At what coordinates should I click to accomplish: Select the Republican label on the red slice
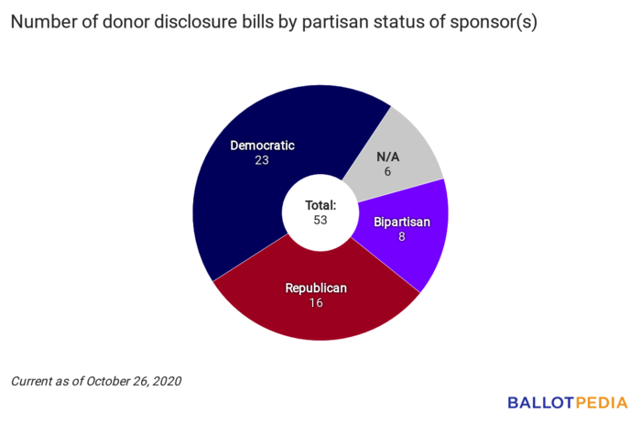316,288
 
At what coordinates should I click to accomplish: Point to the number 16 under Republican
316,303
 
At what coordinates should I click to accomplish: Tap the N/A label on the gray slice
388,157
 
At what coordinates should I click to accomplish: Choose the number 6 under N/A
388,172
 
